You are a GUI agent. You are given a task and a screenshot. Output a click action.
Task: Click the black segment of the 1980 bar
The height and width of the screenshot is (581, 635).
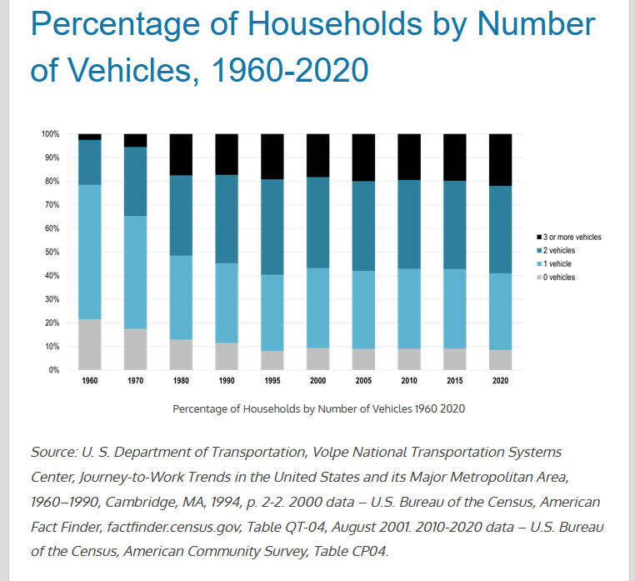click(x=181, y=154)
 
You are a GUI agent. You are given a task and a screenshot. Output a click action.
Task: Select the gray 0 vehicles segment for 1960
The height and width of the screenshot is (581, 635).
click(x=90, y=343)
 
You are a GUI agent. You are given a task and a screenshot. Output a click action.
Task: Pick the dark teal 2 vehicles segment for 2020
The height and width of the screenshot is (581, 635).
click(x=500, y=229)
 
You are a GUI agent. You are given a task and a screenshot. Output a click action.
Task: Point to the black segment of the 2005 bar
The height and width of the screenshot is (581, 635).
click(x=363, y=158)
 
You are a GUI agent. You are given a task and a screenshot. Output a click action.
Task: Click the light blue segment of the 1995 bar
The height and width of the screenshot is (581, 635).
click(x=272, y=313)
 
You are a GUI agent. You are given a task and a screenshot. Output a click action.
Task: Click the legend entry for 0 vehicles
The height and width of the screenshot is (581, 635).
click(x=558, y=278)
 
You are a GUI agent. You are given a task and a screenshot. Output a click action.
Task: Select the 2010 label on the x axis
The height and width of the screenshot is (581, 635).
click(x=408, y=380)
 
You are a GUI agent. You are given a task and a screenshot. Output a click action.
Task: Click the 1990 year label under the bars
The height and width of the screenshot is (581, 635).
click(x=227, y=380)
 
